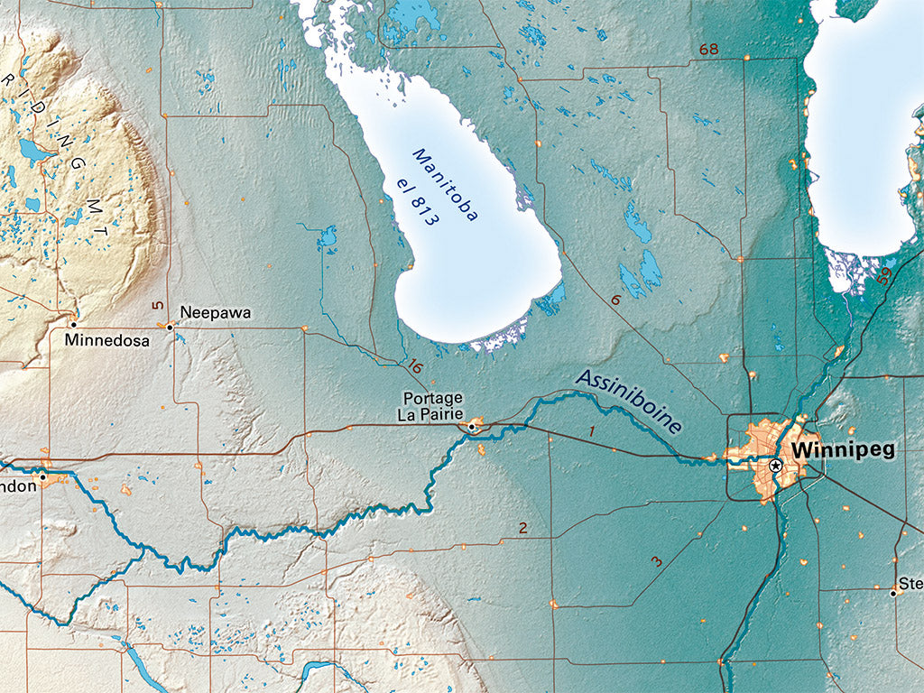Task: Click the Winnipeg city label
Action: pos(843,450)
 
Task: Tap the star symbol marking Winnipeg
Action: pos(775,466)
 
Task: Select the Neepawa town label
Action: pos(215,313)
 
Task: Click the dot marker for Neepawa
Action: pos(170,328)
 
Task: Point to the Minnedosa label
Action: pos(107,341)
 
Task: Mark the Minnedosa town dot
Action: pos(73,324)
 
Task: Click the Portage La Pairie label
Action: pos(432,407)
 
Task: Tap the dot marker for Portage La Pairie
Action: pos(471,427)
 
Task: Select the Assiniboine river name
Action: pos(629,401)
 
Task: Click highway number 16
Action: pos(414,366)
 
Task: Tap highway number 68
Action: pos(708,49)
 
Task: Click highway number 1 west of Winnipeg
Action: pos(592,432)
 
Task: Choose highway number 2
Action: pos(522,528)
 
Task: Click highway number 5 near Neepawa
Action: pos(157,306)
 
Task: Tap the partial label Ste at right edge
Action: pos(911,584)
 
